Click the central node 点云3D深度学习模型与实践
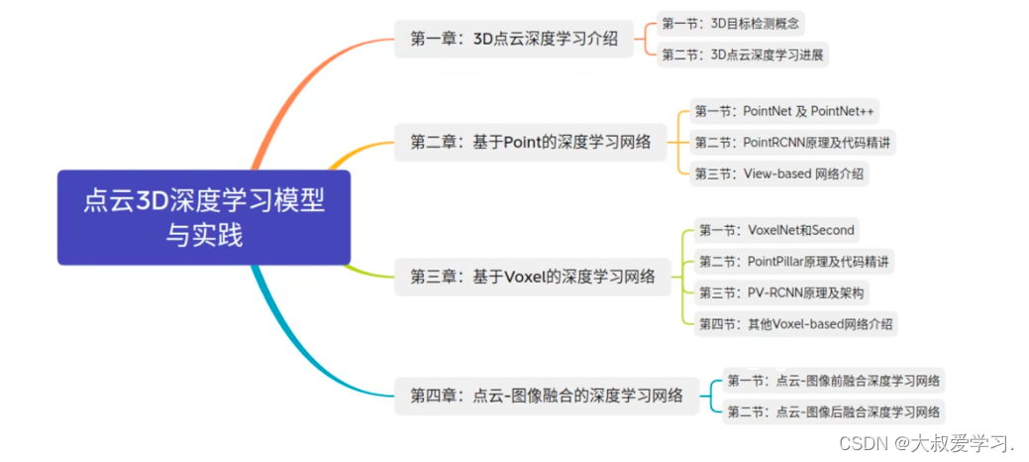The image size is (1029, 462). (203, 218)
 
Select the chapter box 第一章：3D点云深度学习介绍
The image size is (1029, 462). (514, 40)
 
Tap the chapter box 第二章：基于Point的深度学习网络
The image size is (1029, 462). (531, 142)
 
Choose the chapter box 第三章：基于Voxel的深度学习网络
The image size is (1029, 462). (533, 277)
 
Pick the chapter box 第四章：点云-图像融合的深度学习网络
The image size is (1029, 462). (547, 396)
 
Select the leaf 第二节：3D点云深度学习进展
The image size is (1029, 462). (743, 55)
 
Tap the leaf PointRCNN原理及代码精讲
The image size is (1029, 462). (790, 142)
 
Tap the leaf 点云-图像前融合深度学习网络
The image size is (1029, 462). (834, 380)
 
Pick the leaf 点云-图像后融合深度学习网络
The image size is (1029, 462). (834, 411)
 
